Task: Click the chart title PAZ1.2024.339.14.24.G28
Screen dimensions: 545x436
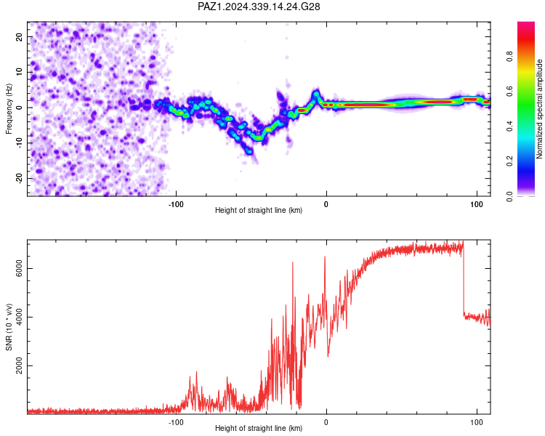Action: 259,7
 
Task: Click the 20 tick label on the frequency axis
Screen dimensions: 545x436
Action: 19,36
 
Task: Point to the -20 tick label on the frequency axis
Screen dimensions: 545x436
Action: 19,178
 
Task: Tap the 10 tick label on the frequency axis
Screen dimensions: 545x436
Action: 19,72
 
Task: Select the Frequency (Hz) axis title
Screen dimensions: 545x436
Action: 9,109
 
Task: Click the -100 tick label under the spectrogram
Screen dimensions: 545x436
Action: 176,204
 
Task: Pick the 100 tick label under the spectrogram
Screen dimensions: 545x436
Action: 477,204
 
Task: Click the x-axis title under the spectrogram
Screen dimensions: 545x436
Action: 259,210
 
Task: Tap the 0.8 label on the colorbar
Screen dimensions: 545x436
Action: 509,57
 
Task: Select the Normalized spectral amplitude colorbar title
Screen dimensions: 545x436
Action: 539,109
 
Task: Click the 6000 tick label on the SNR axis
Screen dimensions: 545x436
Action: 19,268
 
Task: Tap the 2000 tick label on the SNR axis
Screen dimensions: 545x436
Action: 19,366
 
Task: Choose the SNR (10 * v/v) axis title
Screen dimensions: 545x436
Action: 9,327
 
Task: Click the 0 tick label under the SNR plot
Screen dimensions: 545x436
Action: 326,422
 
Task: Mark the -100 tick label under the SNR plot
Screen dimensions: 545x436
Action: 176,422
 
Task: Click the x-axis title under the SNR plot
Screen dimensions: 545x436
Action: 259,428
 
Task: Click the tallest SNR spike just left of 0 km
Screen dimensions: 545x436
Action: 325,257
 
